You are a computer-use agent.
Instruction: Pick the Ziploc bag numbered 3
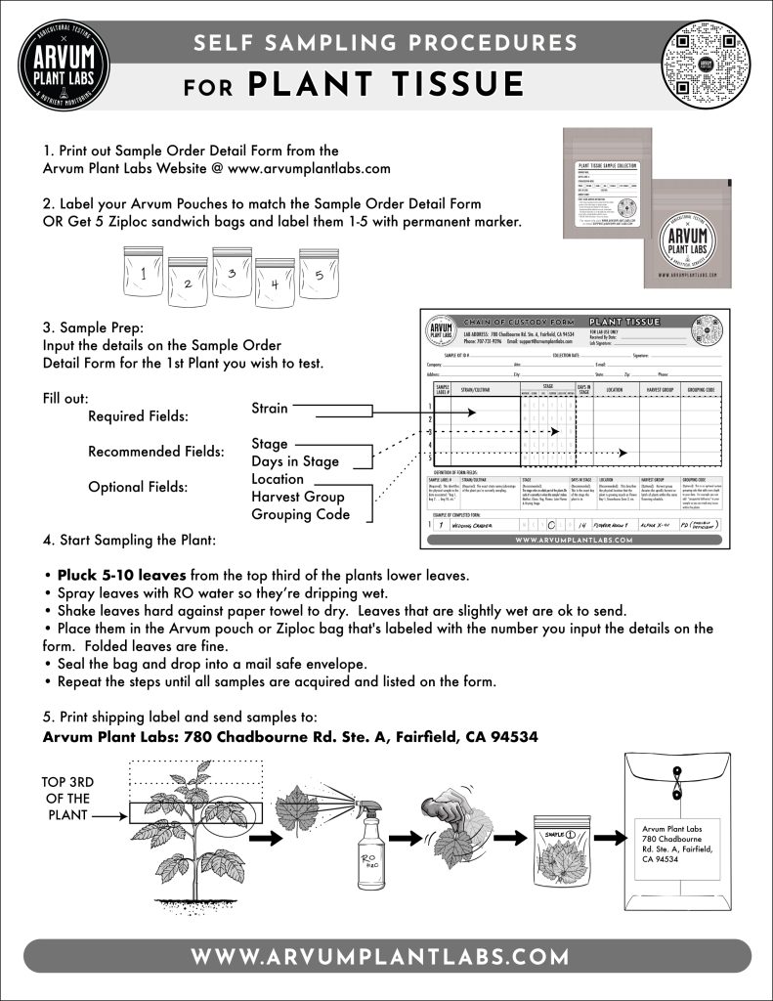232,275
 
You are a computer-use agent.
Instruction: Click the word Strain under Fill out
270,408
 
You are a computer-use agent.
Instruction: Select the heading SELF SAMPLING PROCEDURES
385,43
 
